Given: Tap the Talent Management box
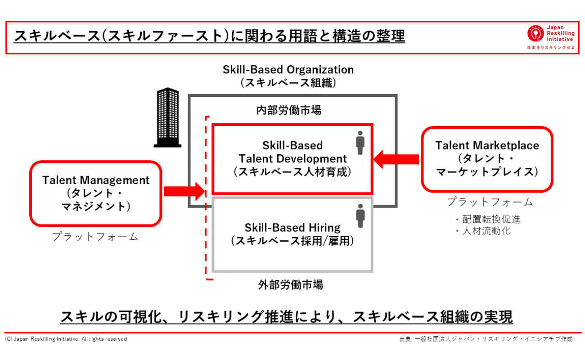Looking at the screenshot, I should click(95, 193).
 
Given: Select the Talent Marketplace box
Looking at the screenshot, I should click(487, 159).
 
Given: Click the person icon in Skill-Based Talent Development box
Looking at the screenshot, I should click(360, 143).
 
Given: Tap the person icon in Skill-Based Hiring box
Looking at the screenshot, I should click(360, 216).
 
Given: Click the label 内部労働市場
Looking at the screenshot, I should click(289, 110).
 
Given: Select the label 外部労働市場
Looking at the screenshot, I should click(291, 284).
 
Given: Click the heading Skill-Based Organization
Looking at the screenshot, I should click(288, 70).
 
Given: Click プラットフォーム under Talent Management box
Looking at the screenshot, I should click(95, 237).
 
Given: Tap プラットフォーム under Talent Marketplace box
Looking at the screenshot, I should click(490, 202).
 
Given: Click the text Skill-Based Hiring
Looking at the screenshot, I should click(292, 228).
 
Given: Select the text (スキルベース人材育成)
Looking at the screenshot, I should click(292, 172).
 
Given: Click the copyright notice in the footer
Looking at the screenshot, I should click(66, 339).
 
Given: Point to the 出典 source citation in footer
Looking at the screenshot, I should click(486, 339).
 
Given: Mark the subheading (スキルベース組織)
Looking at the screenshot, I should click(288, 83).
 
